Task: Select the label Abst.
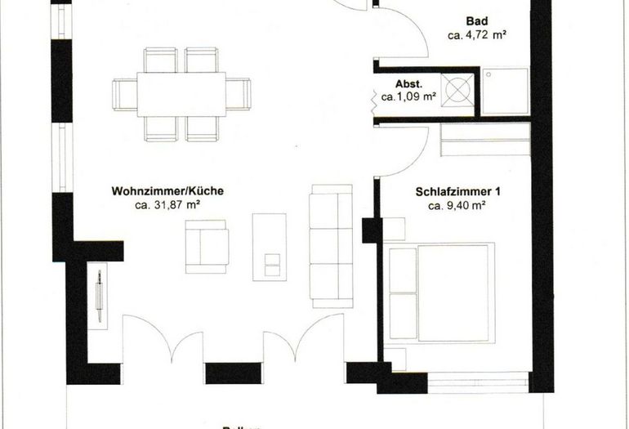pyautogui.click(x=408, y=83)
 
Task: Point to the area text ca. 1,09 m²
pyautogui.click(x=408, y=96)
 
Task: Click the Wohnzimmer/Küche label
pyautogui.click(x=167, y=191)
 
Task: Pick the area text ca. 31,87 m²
pyautogui.click(x=167, y=205)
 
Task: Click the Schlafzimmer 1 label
pyautogui.click(x=457, y=192)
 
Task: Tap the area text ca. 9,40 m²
pyautogui.click(x=457, y=206)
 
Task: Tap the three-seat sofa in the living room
pyautogui.click(x=329, y=243)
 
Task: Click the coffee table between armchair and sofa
pyautogui.click(x=269, y=246)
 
